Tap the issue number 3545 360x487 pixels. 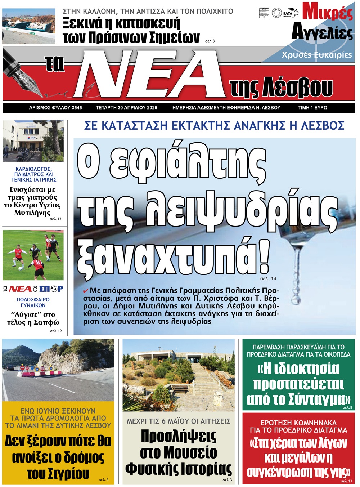click(77, 108)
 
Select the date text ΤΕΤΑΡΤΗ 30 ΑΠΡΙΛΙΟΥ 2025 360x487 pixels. click(126, 108)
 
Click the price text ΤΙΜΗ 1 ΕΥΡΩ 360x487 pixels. click(312, 108)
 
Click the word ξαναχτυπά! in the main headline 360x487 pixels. click(173, 256)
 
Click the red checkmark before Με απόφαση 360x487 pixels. click(85, 291)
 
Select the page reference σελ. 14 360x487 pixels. click(268, 278)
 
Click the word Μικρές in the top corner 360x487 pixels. click(327, 12)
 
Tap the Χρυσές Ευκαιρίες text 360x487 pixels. click(316, 55)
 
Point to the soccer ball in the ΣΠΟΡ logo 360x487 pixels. click(54, 289)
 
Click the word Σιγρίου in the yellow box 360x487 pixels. click(58, 473)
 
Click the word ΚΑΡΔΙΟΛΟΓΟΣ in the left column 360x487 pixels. click(34, 169)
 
